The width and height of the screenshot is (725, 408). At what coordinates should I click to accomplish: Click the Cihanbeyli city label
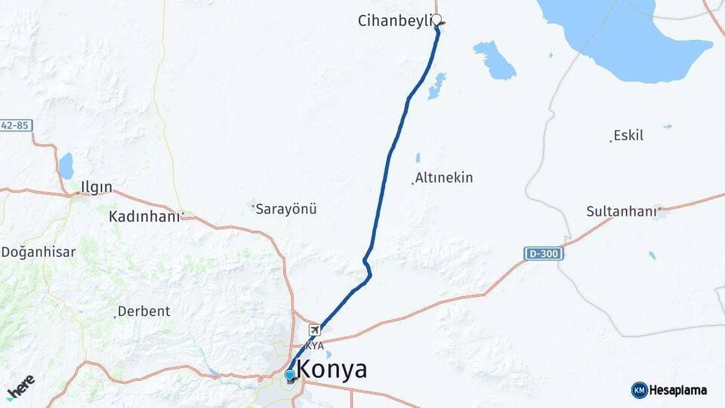pyautogui.click(x=394, y=21)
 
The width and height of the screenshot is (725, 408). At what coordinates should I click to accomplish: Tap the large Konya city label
pyautogui.click(x=332, y=370)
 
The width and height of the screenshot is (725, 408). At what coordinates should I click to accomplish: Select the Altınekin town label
pyautogui.click(x=444, y=178)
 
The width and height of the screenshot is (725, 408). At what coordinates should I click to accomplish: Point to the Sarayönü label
pyautogui.click(x=286, y=209)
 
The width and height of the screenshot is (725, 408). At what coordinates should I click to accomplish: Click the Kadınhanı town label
pyautogui.click(x=144, y=217)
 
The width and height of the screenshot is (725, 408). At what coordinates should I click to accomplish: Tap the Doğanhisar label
pyautogui.click(x=39, y=252)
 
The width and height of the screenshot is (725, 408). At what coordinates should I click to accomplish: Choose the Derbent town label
pyautogui.click(x=144, y=311)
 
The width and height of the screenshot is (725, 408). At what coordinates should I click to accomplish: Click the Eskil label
pyautogui.click(x=628, y=136)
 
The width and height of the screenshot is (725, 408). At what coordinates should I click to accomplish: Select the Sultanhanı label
pyautogui.click(x=622, y=212)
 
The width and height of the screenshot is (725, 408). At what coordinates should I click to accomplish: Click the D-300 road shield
pyautogui.click(x=544, y=254)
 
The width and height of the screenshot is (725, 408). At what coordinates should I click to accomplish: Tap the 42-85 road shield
pyautogui.click(x=15, y=125)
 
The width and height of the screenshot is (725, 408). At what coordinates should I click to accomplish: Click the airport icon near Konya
pyautogui.click(x=314, y=330)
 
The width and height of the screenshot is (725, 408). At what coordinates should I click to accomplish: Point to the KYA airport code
pyautogui.click(x=314, y=345)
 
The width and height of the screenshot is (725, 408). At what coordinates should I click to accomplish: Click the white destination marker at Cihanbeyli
pyautogui.click(x=437, y=20)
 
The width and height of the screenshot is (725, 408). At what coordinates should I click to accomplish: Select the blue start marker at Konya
pyautogui.click(x=290, y=375)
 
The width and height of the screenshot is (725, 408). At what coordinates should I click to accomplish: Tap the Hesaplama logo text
pyautogui.click(x=678, y=391)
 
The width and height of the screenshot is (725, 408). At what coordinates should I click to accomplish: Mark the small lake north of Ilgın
pyautogui.click(x=66, y=165)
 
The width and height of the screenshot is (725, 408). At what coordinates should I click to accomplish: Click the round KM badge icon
pyautogui.click(x=639, y=391)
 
